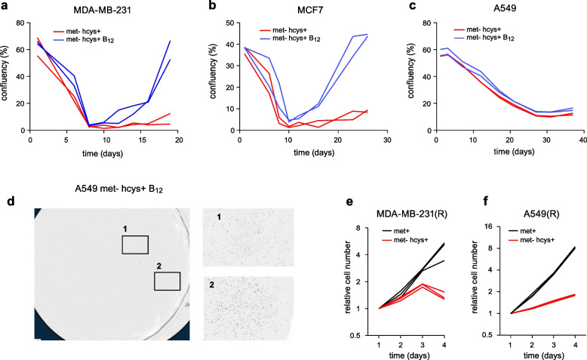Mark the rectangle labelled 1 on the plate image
click(x=135, y=245)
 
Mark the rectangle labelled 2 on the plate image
click(x=167, y=281)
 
